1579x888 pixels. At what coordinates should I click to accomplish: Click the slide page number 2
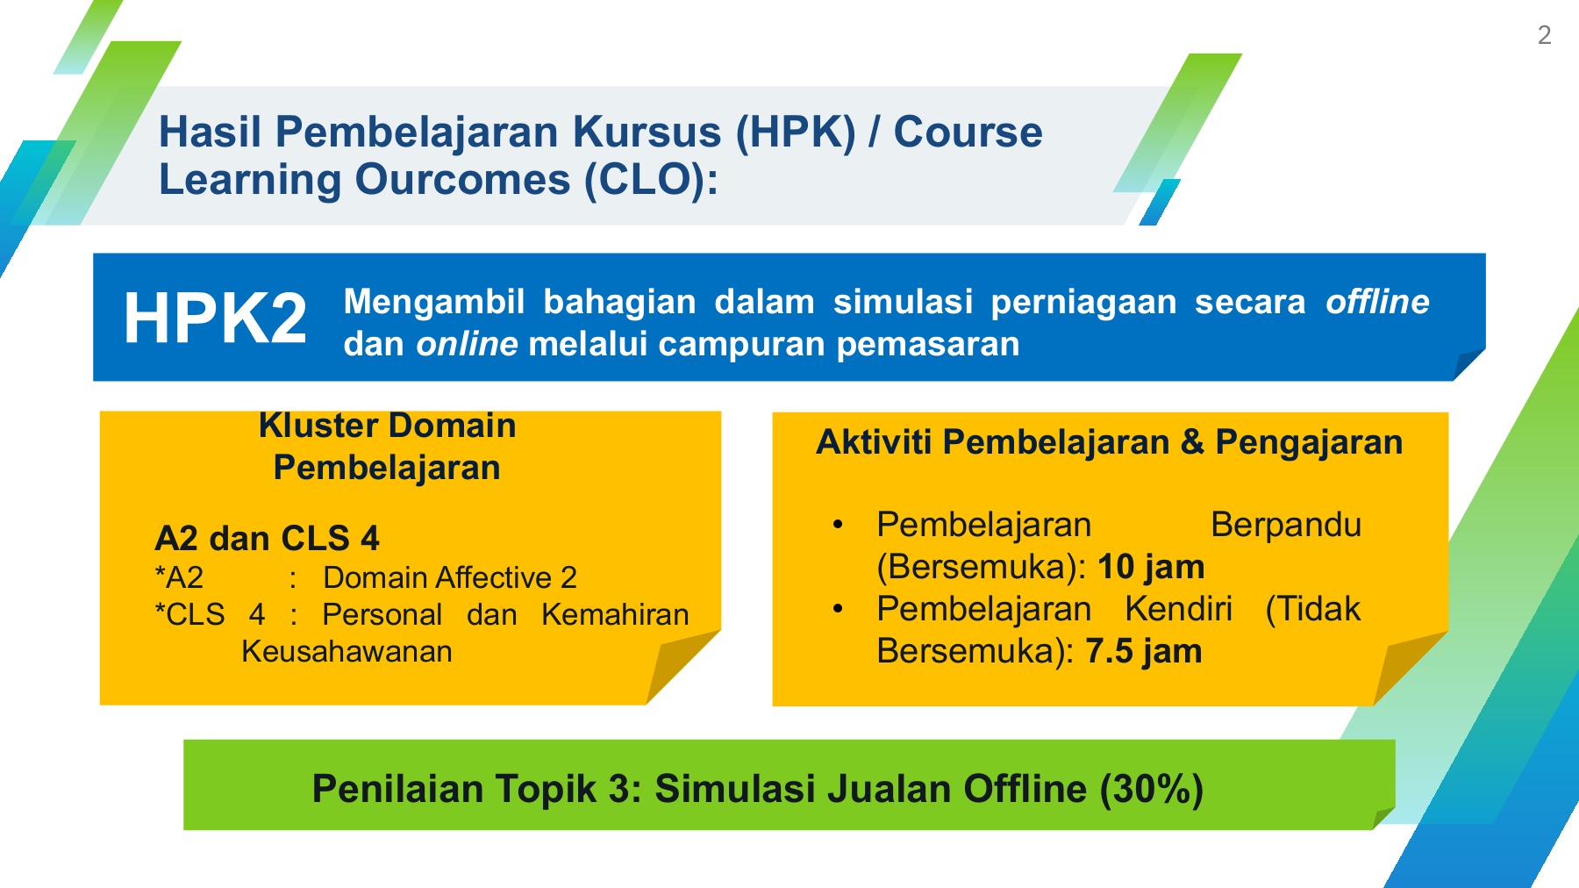(1545, 35)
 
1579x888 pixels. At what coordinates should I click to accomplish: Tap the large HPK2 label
(216, 318)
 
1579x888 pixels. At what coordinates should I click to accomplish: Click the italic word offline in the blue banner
(1377, 302)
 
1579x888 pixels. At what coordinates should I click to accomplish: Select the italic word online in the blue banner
(467, 344)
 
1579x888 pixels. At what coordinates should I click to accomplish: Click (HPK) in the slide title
(795, 132)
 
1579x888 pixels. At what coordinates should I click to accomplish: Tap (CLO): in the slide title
(652, 180)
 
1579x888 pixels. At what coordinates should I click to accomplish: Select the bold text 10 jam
(1151, 567)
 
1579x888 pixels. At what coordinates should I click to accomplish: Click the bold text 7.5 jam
(1144, 651)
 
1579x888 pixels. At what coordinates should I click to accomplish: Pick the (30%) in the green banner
(1151, 789)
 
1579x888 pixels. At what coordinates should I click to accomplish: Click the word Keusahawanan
(347, 651)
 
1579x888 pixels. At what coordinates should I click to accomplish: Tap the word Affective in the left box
(494, 577)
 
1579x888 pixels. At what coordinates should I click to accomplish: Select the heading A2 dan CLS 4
(267, 538)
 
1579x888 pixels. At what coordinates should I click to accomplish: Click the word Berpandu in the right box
(1286, 525)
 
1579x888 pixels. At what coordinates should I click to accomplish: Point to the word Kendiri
(1178, 609)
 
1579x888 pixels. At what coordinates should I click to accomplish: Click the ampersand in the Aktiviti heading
(1192, 442)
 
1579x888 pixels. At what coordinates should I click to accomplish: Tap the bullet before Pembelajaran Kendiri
(838, 609)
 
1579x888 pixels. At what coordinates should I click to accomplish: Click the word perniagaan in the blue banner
(1083, 303)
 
